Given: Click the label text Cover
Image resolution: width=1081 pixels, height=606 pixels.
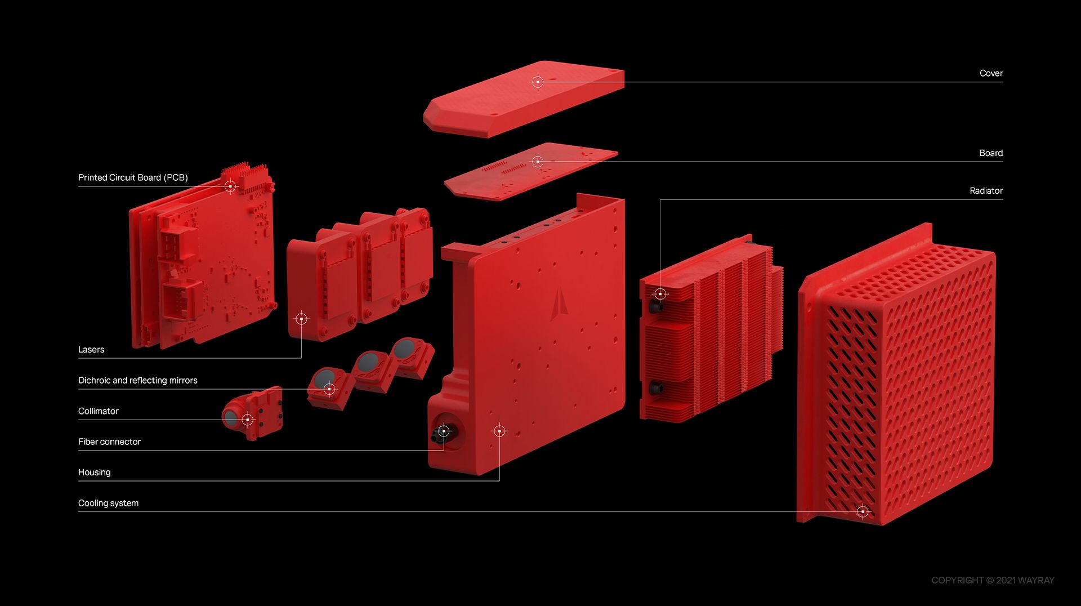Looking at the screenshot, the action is tap(991, 73).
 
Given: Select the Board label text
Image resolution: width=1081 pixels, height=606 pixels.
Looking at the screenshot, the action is tap(991, 153).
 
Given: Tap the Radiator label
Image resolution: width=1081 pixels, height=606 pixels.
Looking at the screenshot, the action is tap(986, 191).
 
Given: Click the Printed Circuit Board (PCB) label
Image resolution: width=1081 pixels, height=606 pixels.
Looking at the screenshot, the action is tap(133, 177).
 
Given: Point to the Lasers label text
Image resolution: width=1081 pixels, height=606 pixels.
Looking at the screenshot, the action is tap(91, 350).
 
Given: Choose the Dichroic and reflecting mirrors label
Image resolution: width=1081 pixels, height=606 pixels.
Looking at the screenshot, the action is tap(138, 381).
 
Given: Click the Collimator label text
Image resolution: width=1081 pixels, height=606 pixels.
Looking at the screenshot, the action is tap(99, 411).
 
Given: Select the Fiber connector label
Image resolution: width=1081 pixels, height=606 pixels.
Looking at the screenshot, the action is tap(109, 442).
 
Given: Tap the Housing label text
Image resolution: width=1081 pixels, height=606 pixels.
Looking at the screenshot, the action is tap(95, 473).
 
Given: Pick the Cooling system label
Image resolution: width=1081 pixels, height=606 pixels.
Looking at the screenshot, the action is tap(108, 503).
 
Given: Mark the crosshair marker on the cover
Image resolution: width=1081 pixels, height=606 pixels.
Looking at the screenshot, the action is tap(538, 82).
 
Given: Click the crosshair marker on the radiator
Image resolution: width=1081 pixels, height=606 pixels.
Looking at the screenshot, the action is tap(660, 294).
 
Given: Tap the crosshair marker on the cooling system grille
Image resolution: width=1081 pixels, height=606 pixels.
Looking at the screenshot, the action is tap(863, 511).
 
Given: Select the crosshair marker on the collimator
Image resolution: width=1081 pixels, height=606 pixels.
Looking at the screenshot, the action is tap(248, 420).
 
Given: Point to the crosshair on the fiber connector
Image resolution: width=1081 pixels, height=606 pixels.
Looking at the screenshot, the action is tap(444, 431).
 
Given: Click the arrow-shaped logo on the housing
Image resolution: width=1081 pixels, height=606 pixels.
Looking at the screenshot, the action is tap(559, 304).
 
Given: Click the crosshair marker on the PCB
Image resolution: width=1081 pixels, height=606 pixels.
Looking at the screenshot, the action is tap(230, 186).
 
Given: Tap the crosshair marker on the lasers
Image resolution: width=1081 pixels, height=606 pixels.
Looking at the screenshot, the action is tap(301, 319).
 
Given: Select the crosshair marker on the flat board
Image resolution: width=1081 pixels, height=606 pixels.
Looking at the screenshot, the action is tap(538, 162).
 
